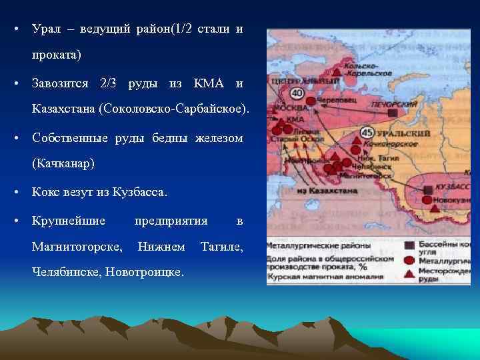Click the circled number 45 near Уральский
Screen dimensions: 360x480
[367, 133]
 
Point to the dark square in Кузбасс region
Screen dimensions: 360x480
[427, 190]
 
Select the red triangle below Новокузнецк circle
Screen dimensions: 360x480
[435, 209]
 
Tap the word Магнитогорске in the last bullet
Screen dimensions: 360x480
[77, 247]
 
